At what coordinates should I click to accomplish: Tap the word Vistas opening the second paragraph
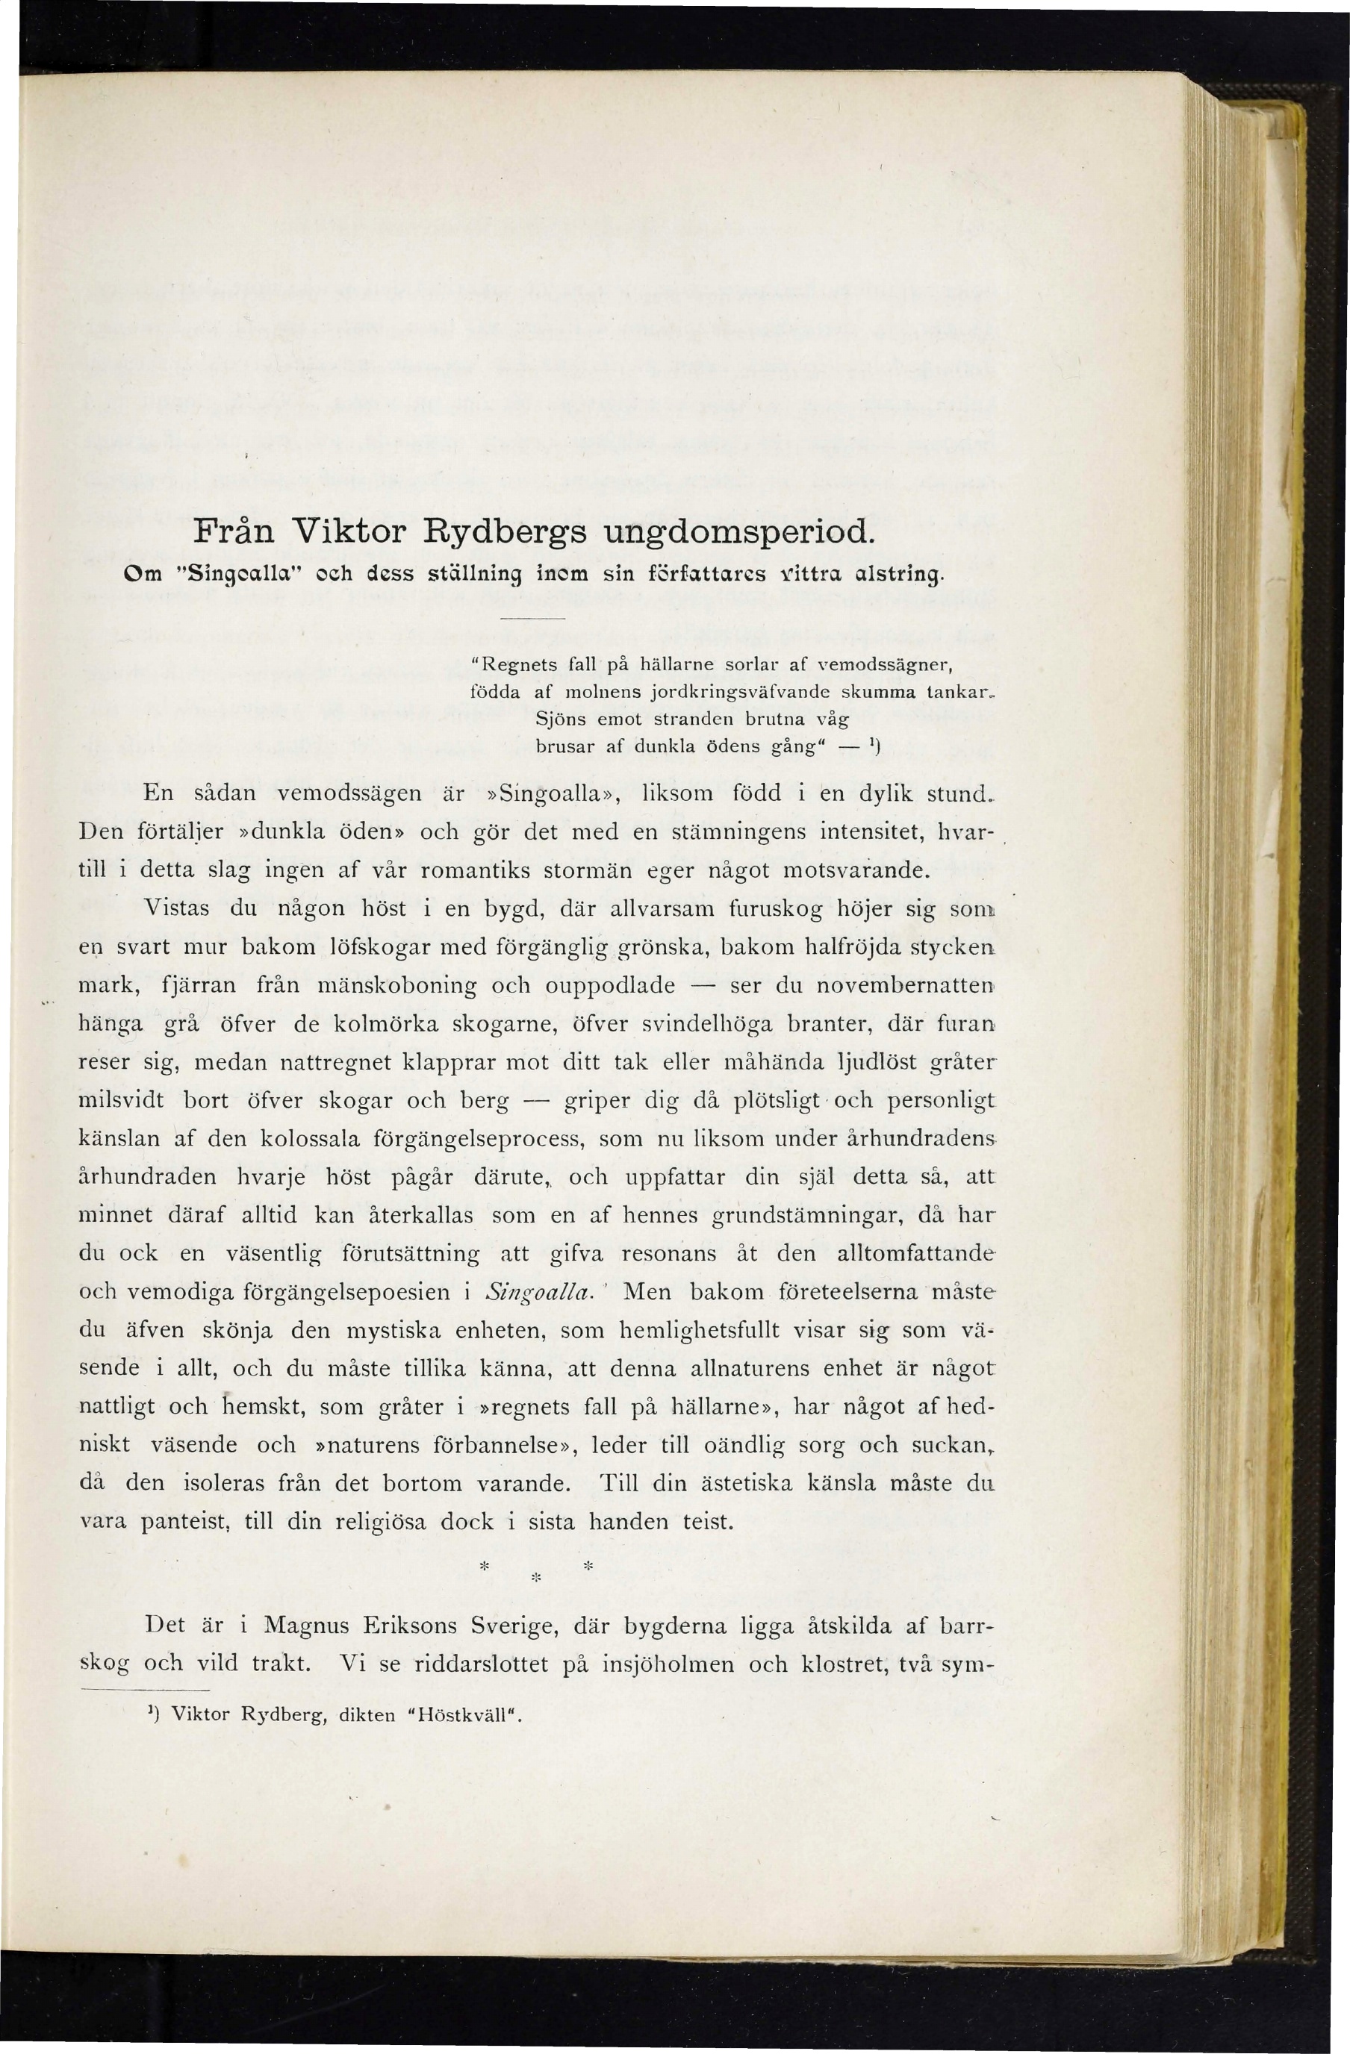click(x=175, y=907)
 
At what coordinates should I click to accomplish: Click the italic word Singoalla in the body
click(x=537, y=1292)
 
